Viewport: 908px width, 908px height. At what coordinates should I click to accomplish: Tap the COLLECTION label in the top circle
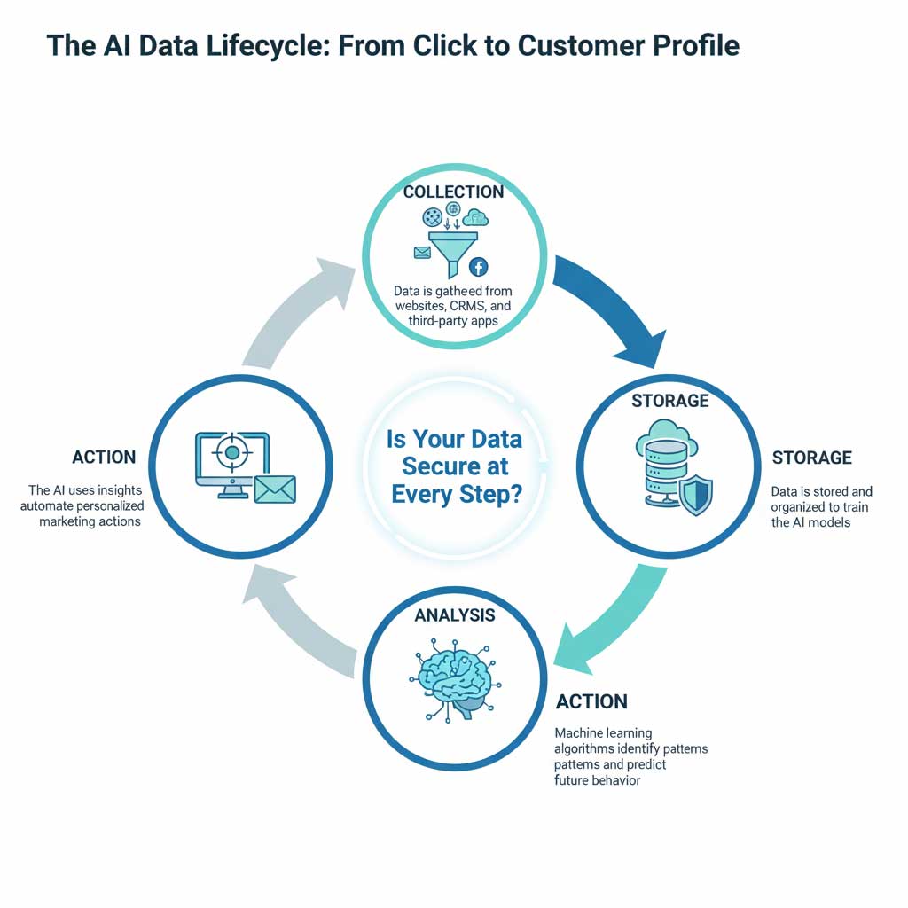pyautogui.click(x=453, y=192)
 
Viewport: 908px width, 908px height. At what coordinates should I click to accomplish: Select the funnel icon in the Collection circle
pyautogui.click(x=453, y=248)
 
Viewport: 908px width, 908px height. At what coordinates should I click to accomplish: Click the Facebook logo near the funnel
pyautogui.click(x=479, y=267)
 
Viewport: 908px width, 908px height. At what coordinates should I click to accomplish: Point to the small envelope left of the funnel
pyautogui.click(x=421, y=253)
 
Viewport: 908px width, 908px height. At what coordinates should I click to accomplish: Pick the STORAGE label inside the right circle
pyautogui.click(x=669, y=401)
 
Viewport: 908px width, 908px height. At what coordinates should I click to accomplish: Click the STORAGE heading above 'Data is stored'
pyautogui.click(x=811, y=458)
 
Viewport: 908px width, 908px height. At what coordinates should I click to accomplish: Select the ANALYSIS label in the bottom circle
pyautogui.click(x=454, y=614)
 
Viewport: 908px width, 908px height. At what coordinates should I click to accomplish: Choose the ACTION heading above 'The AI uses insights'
pyautogui.click(x=104, y=458)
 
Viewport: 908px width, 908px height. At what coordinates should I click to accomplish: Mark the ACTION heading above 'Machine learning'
pyautogui.click(x=591, y=702)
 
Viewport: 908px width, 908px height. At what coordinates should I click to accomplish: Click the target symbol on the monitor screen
pyautogui.click(x=232, y=453)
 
